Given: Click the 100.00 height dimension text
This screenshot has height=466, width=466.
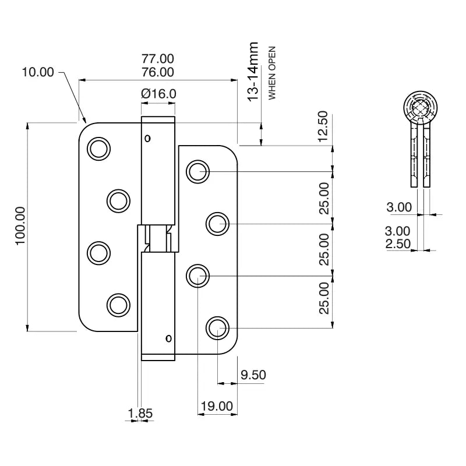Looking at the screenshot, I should point(21,226).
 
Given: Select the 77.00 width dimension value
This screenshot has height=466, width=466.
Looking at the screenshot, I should point(158,59).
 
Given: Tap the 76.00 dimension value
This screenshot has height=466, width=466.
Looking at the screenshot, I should point(158,72).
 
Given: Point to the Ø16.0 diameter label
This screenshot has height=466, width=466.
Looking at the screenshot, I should point(158,93).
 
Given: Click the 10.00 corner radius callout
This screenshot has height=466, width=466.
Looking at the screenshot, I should point(38,72).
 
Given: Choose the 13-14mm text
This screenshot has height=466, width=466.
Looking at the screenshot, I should point(253,72).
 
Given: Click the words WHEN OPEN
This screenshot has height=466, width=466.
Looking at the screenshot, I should point(271,73).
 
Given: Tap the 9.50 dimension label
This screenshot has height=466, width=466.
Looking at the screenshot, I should point(253,375).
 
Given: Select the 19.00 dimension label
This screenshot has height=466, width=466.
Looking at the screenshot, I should point(216,406).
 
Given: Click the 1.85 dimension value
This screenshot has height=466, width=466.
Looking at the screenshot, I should point(140,413).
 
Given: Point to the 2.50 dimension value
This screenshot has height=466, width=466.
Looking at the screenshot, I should point(398,243).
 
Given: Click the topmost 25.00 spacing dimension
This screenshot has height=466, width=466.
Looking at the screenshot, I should point(324,197).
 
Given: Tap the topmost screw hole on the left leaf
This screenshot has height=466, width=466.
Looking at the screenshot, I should point(98,149).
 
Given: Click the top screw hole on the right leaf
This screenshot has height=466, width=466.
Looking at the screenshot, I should point(198,172).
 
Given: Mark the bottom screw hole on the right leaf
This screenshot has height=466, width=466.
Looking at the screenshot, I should point(217,328).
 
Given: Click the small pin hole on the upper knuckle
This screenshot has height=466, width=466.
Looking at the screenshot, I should point(147,139).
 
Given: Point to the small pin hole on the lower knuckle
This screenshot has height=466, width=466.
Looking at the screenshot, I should point(168,338).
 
